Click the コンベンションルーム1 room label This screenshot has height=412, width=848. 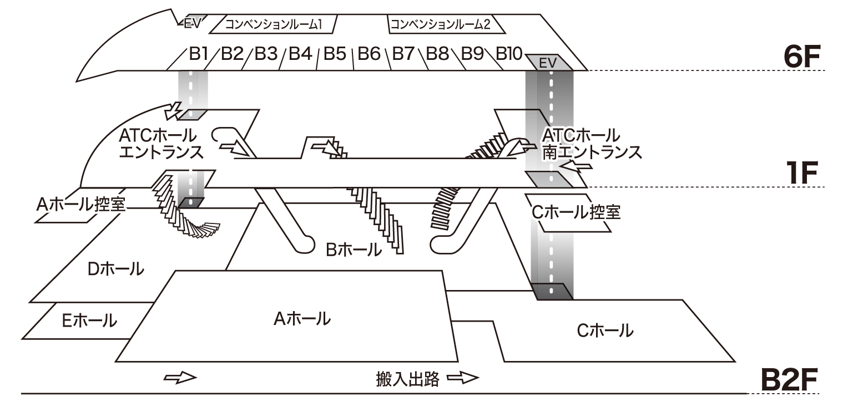pyautogui.click(x=273, y=24)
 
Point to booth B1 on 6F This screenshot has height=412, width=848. pyautogui.click(x=198, y=54)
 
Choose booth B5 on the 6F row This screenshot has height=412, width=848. pyautogui.click(x=335, y=54)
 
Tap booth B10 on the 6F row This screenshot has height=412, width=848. pyautogui.click(x=508, y=54)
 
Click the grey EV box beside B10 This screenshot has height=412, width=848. pyautogui.click(x=547, y=63)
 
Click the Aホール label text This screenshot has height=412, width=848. pyautogui.click(x=302, y=319)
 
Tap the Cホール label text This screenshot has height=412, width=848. pyautogui.click(x=604, y=331)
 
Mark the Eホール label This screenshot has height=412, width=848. pyautogui.click(x=89, y=320)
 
